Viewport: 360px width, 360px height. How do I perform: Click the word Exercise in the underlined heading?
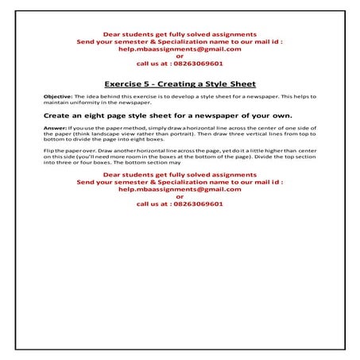click(x=124, y=83)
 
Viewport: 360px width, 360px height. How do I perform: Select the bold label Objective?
click(x=59, y=95)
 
